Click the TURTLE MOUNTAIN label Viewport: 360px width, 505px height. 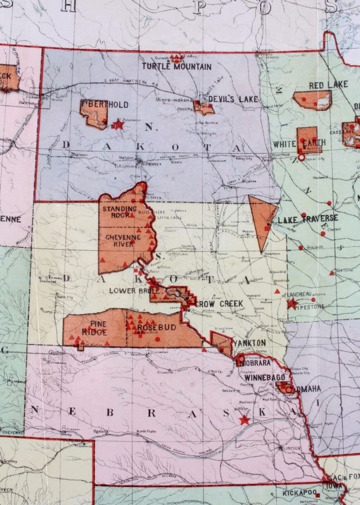point(176,66)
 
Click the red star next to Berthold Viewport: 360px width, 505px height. point(118,125)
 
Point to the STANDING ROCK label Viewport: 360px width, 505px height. point(119,212)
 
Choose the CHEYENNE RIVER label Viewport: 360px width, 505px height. point(121,241)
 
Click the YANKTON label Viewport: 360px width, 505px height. point(249,342)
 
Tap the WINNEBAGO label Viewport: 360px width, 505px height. point(262,377)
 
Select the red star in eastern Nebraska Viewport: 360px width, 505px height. point(244,420)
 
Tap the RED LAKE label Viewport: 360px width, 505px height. point(328,85)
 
